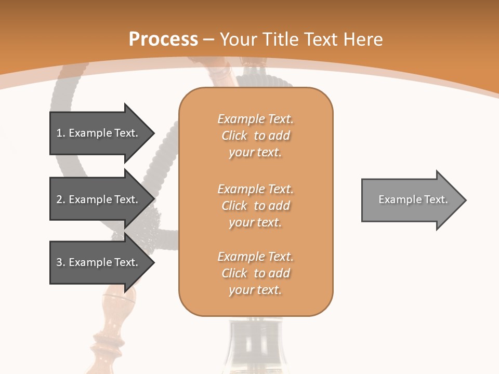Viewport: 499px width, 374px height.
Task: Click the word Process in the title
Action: (x=163, y=39)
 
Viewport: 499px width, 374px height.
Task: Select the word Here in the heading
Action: (x=363, y=39)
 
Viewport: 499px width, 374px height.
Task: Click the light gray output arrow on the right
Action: (x=411, y=200)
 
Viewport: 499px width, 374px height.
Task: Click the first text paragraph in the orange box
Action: (x=255, y=136)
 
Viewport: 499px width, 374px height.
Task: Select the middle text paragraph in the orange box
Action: (x=255, y=206)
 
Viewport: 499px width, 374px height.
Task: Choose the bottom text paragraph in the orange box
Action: (x=255, y=273)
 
